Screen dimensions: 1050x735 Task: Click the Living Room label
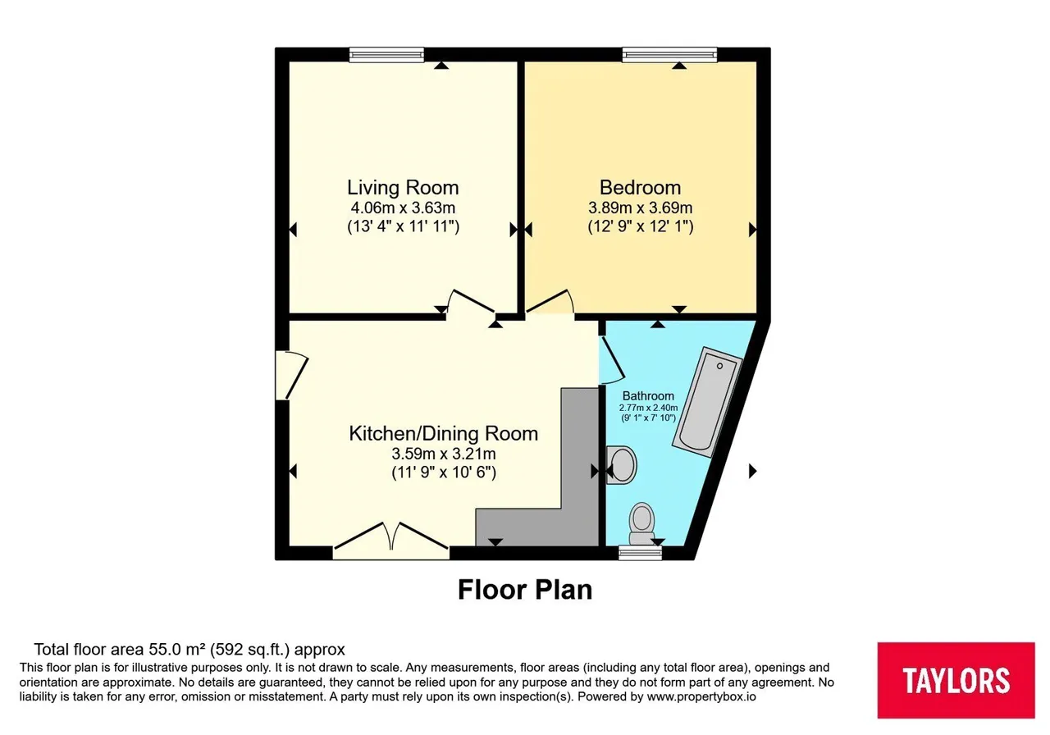403,188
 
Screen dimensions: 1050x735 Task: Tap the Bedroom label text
640,188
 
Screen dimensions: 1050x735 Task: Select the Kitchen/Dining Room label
444,434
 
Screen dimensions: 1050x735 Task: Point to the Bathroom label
648,395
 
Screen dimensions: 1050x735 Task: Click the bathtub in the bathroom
707,402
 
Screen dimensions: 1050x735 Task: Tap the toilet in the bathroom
642,523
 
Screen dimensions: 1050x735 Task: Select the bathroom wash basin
621,464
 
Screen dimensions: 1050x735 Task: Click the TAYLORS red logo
956,680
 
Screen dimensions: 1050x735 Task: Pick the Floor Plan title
525,589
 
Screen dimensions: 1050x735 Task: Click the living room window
386,55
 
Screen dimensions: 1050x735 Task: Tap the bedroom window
669,55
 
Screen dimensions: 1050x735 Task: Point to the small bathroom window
640,553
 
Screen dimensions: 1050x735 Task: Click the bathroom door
612,360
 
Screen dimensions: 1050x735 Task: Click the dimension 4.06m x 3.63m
403,208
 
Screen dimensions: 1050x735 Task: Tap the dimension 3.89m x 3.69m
641,208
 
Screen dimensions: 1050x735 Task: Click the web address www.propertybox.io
701,696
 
